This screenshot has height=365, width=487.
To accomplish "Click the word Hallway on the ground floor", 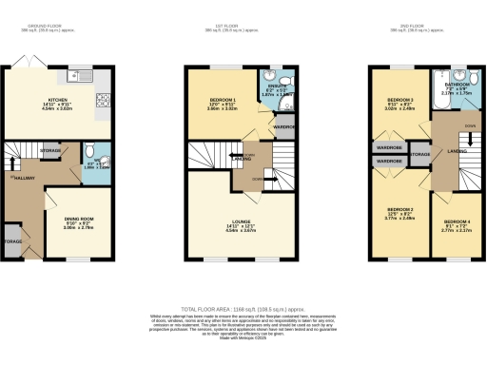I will [x=22, y=179].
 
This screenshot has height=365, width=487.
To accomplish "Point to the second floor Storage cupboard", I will [x=420, y=154].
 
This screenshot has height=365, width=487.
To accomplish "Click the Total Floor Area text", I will [x=243, y=310].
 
